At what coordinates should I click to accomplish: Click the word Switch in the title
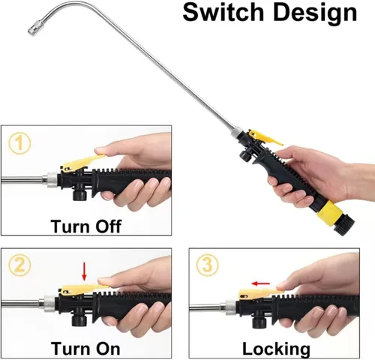pyautogui.click(x=223, y=13)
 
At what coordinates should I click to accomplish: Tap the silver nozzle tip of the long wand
pyautogui.click(x=32, y=30)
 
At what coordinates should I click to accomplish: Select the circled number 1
pyautogui.click(x=19, y=143)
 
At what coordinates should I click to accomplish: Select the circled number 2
pyautogui.click(x=19, y=265)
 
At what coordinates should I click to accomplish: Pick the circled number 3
pyautogui.click(x=208, y=265)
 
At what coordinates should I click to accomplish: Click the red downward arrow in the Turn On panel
pyautogui.click(x=84, y=271)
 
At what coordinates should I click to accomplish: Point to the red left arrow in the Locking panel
pyautogui.click(x=261, y=283)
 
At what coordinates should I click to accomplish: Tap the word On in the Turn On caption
pyautogui.click(x=107, y=348)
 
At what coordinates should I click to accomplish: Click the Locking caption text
pyautogui.click(x=276, y=349)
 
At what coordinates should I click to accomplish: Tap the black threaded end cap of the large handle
pyautogui.click(x=344, y=226)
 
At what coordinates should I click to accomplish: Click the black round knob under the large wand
pyautogui.click(x=245, y=156)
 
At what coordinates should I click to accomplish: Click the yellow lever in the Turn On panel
pyautogui.click(x=83, y=289)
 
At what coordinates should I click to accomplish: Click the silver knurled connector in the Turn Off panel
pyautogui.click(x=52, y=180)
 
